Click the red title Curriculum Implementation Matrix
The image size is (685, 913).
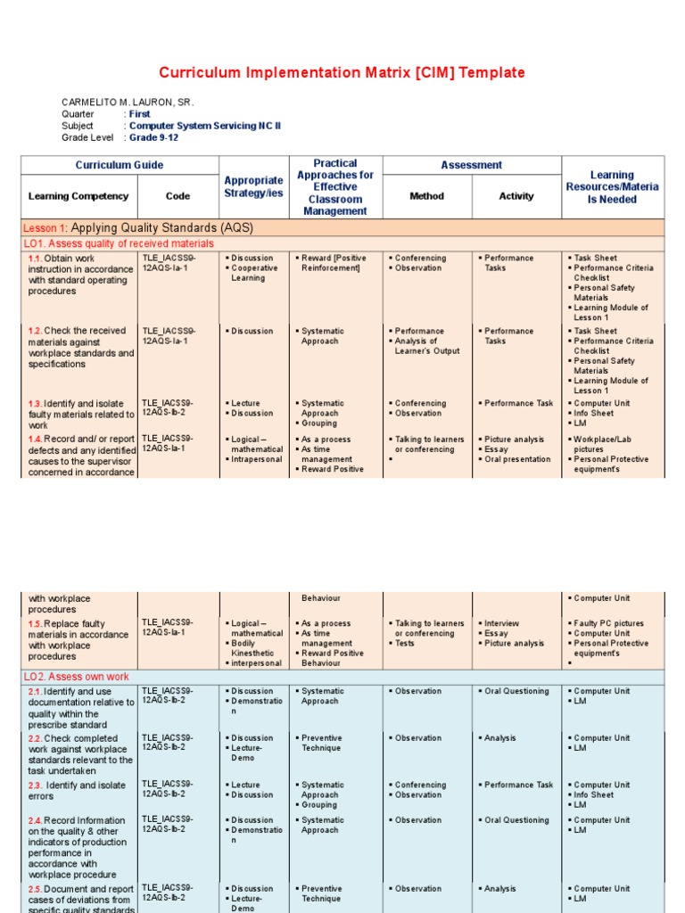pyautogui.click(x=342, y=73)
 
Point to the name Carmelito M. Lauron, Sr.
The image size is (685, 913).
pyautogui.click(x=127, y=103)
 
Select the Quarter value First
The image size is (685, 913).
pyautogui.click(x=140, y=114)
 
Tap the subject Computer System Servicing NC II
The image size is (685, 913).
pyautogui.click(x=205, y=126)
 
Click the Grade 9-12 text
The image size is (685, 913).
pyautogui.click(x=154, y=137)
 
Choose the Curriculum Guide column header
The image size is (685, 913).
pyautogui.click(x=120, y=165)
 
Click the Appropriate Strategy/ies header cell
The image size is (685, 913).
pyautogui.click(x=254, y=187)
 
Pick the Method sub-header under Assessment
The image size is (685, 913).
pyautogui.click(x=426, y=196)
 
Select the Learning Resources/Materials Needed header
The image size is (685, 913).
pyautogui.click(x=612, y=187)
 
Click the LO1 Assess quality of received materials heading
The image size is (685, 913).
pyautogui.click(x=119, y=243)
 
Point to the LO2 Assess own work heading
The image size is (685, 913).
pyautogui.click(x=78, y=677)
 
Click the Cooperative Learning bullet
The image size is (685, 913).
pyautogui.click(x=254, y=273)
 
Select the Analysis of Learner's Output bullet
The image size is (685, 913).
pyautogui.click(x=427, y=346)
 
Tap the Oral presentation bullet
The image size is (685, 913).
pyautogui.click(x=517, y=459)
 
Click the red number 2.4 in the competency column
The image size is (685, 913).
pyautogui.click(x=35, y=820)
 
